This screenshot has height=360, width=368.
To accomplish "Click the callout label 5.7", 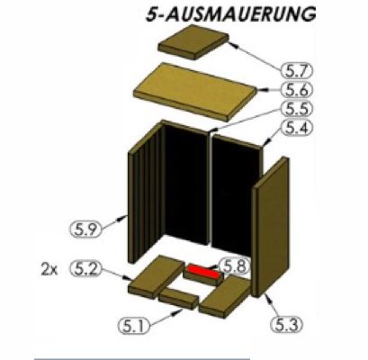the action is coord(297,71).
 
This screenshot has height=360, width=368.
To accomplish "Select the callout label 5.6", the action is coord(297,90).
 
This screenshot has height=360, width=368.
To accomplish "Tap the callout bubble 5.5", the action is coord(297,109).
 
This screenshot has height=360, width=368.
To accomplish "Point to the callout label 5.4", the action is coord(297,128).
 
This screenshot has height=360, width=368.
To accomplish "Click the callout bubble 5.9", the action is coord(85,229).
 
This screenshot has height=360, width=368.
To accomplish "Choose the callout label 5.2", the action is coord(85,269).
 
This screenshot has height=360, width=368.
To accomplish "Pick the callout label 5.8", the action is coord(235,266).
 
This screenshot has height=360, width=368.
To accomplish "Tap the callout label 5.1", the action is coord(135,325).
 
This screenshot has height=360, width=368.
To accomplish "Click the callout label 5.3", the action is coord(286,324).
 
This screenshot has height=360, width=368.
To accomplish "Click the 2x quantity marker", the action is coord(49,270).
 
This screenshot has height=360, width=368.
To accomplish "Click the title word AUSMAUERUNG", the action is coord(241,14).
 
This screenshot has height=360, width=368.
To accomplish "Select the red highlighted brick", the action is coord(202,272).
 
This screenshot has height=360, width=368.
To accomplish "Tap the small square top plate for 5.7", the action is coord(193,41).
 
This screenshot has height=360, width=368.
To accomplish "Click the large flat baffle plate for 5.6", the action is coord(195,91).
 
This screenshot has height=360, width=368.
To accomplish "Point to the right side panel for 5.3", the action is coord(270,227).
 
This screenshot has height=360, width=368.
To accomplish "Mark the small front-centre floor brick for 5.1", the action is coord(178,299).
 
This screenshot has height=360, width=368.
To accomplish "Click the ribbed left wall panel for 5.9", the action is coord(147,192).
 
